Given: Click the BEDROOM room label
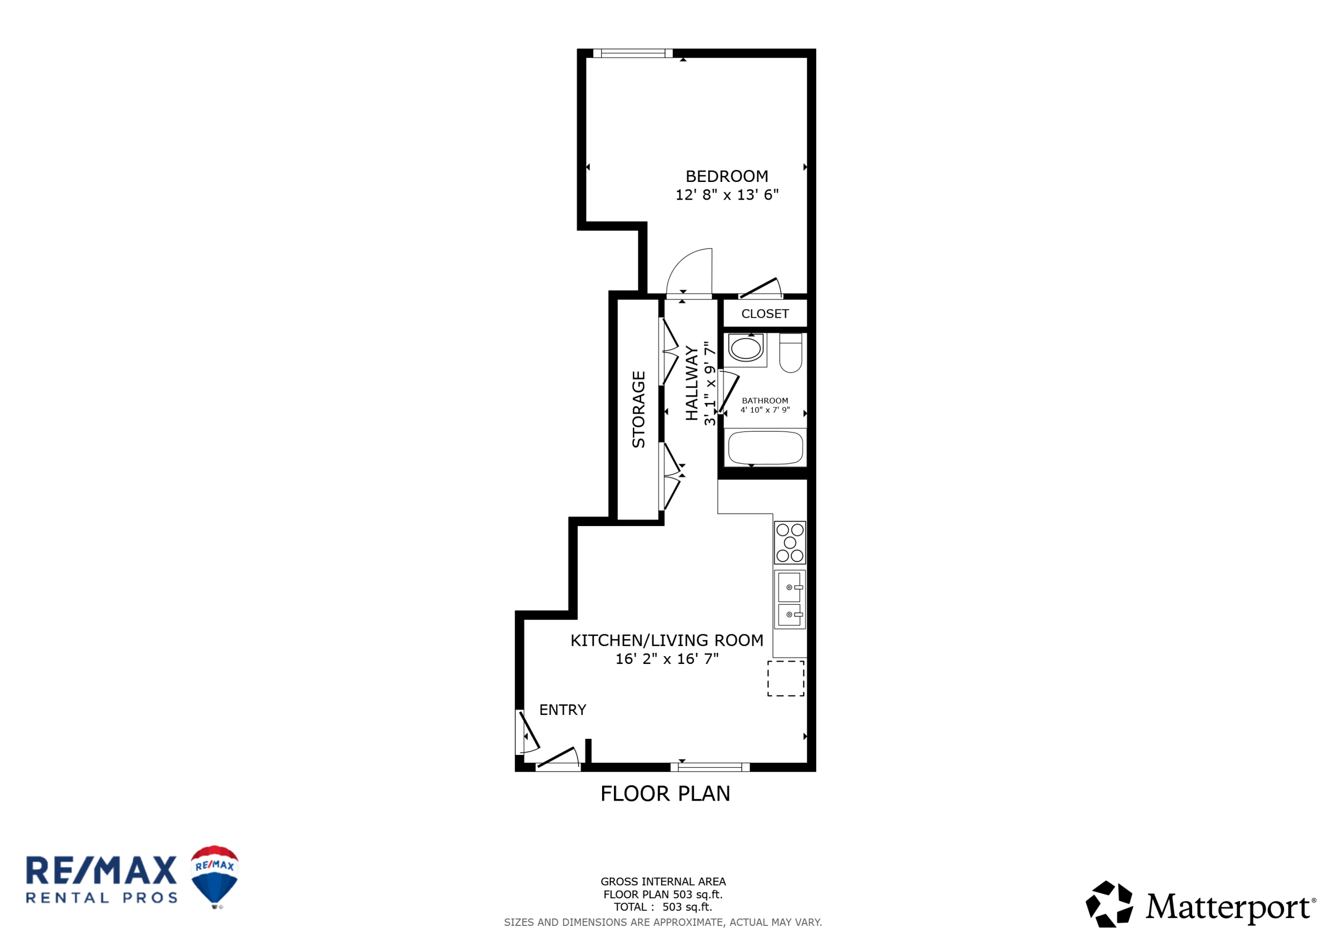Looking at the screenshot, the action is [x=726, y=176].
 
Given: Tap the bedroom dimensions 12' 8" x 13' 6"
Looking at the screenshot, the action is [x=726, y=195].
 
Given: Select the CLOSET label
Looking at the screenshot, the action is [x=765, y=313].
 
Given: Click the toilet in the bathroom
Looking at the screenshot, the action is [x=791, y=352].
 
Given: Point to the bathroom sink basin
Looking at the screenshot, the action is [x=746, y=348].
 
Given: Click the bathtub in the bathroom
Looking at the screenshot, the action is [x=765, y=448].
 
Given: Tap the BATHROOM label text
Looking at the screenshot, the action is [x=765, y=401].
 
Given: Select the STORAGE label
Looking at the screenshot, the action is [x=638, y=409].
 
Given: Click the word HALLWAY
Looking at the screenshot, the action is [x=691, y=383].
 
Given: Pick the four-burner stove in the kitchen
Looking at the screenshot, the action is [x=790, y=543].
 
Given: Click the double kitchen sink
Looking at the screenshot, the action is [x=790, y=599].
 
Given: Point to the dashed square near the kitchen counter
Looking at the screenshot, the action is [x=786, y=678].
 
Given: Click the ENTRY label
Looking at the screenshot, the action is [x=563, y=710].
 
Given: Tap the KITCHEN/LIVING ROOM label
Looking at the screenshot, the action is [x=667, y=640].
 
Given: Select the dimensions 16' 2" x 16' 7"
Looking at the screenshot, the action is [x=667, y=659].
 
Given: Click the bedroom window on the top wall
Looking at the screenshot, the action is [x=632, y=54].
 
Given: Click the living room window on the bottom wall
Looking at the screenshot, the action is [x=710, y=767].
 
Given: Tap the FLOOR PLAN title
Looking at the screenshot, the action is [x=665, y=794].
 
